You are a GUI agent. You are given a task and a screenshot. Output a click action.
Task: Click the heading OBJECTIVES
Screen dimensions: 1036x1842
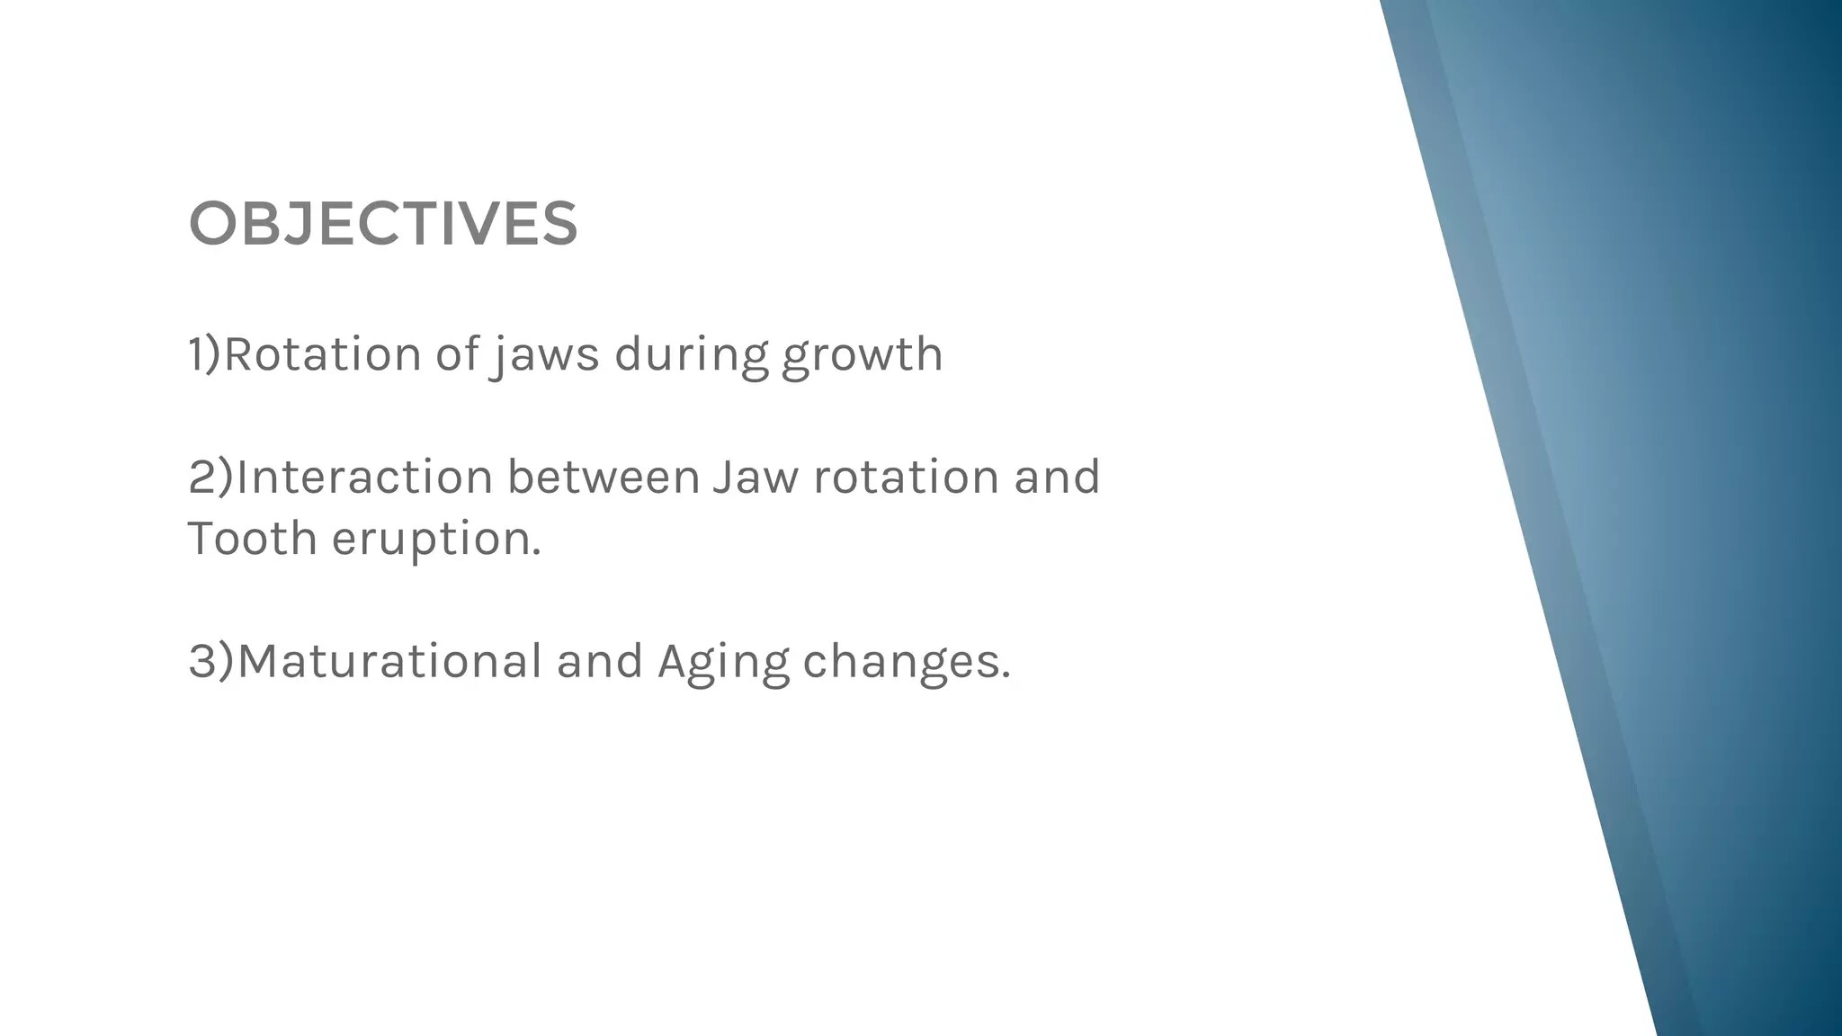(x=383, y=224)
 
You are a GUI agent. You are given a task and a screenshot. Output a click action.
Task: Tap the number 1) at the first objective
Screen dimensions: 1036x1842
(x=204, y=354)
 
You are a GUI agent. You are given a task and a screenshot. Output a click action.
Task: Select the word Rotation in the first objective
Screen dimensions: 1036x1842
(x=322, y=354)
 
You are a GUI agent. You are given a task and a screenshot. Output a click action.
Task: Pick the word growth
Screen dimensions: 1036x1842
(x=862, y=356)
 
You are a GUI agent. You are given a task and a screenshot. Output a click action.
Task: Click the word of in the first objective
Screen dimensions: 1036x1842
(x=458, y=354)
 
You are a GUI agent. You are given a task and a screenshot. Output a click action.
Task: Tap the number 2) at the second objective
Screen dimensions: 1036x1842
(x=210, y=478)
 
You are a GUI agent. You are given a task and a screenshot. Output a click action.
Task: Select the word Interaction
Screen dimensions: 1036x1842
(x=364, y=478)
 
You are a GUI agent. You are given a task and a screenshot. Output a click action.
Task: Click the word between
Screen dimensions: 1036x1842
(x=603, y=478)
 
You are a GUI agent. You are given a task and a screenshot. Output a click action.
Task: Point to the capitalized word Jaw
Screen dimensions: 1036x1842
(x=756, y=478)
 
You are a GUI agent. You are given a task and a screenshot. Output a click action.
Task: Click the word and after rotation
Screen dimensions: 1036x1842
(x=1057, y=478)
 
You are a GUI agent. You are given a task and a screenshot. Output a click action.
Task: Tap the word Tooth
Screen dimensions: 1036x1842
(x=252, y=540)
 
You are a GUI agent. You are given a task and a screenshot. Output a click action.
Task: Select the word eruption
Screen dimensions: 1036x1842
(x=436, y=541)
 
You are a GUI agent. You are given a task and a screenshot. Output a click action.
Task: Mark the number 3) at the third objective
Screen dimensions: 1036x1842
(x=210, y=662)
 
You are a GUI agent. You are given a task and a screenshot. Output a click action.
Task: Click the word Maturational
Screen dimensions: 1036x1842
(x=389, y=662)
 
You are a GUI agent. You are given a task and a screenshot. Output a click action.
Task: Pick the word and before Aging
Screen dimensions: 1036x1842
(x=599, y=662)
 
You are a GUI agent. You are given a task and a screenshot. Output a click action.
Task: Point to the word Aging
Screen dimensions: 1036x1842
(x=723, y=664)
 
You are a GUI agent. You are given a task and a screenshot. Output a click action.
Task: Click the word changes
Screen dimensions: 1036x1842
(x=907, y=664)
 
